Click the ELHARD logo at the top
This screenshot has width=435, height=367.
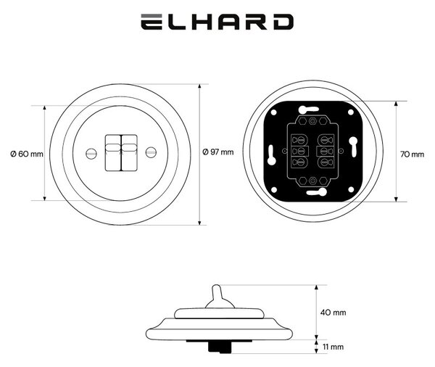click(x=217, y=22)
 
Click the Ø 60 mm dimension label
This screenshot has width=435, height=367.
click(x=27, y=154)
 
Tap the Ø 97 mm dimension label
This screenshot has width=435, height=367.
click(x=218, y=152)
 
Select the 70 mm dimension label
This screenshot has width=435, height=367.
click(x=412, y=154)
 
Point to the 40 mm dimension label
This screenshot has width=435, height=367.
click(x=333, y=313)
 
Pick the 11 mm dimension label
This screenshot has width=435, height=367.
click(x=333, y=347)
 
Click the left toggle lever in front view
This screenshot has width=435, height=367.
click(x=113, y=153)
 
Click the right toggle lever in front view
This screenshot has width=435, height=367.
click(x=129, y=153)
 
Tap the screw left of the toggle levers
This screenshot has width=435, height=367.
click(x=91, y=153)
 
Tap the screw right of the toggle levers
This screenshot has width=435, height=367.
click(x=152, y=152)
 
